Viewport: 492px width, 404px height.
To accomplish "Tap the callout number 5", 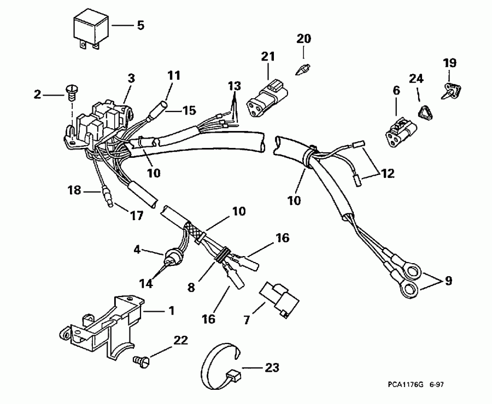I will click(140, 26).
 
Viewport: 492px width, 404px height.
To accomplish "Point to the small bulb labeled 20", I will click(303, 69).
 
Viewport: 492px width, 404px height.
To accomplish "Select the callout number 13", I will click(234, 86).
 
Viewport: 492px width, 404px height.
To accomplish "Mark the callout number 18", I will click(74, 191).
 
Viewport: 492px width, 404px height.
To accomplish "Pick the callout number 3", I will click(131, 78).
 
